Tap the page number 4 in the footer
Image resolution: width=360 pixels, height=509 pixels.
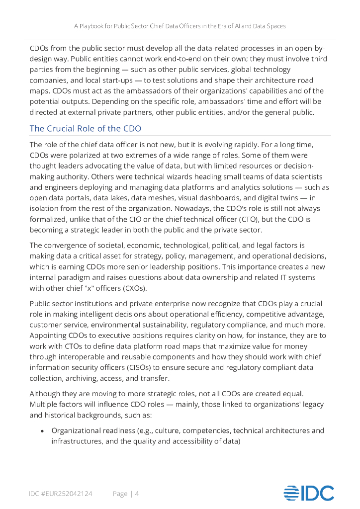coord(137,494)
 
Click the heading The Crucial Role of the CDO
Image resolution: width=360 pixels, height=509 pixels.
coord(86,128)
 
